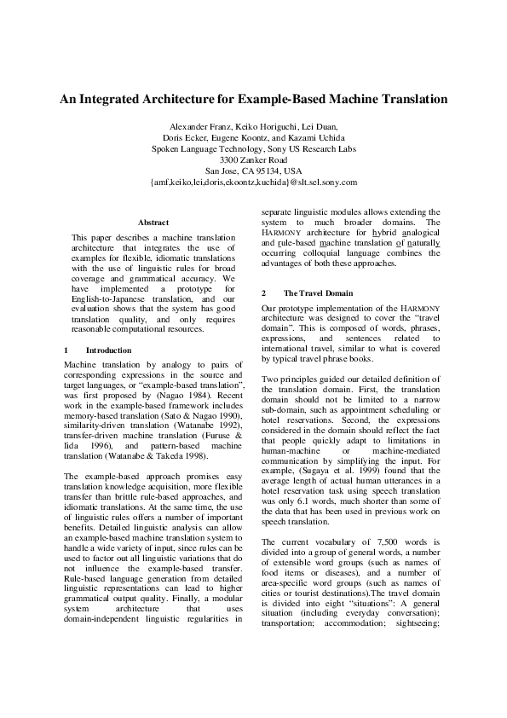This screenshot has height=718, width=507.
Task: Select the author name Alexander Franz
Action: [x=201, y=126]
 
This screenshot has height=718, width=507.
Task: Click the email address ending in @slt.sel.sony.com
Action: [x=253, y=182]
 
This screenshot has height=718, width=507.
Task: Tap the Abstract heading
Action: [x=153, y=222]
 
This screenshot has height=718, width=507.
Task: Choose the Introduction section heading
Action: [x=108, y=350]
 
